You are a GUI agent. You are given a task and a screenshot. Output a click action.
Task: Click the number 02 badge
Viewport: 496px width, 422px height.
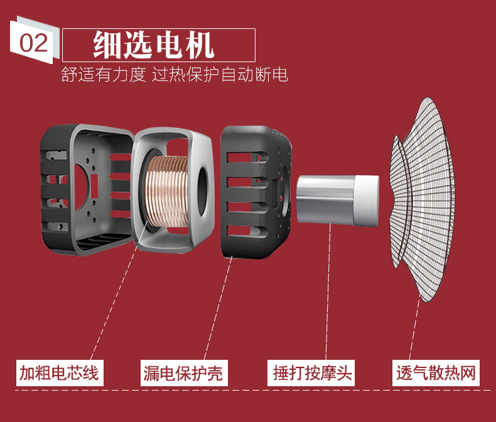33,43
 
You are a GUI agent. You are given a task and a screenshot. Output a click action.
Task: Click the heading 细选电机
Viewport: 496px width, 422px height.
154,44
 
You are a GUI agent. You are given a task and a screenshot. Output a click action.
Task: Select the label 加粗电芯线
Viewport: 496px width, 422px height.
58,373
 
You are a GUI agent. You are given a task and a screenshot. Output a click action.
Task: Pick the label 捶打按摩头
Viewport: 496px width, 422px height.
313,374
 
